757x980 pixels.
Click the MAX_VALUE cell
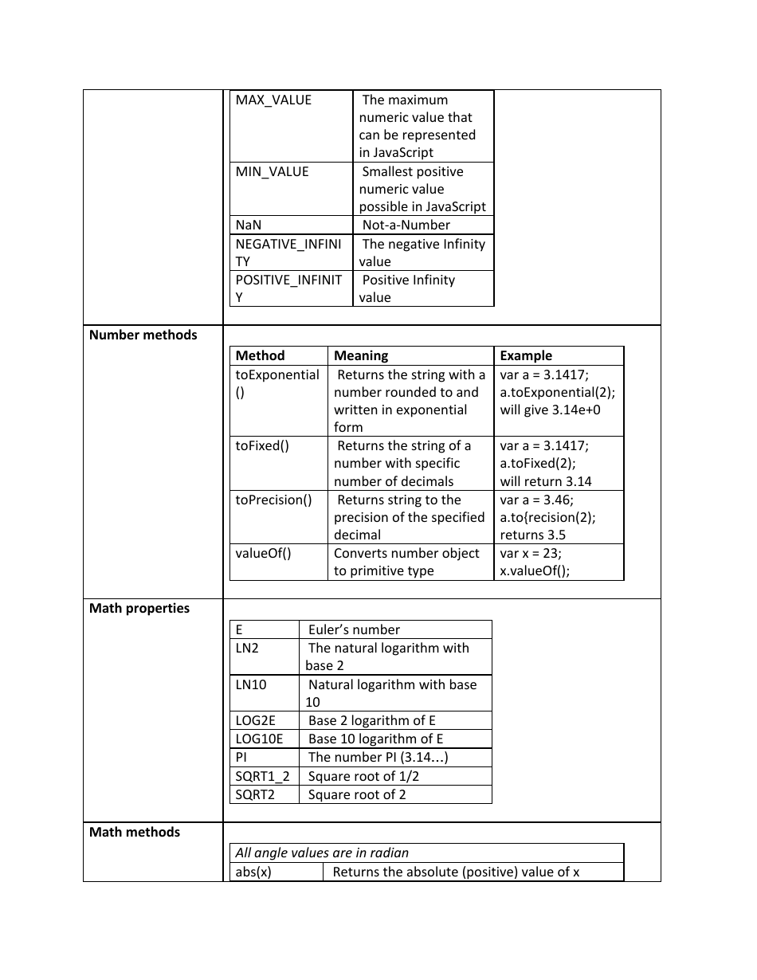coord(273,100)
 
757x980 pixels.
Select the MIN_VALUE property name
coord(272,172)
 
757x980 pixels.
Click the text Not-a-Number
coord(406,225)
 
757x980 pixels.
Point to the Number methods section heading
coord(143,335)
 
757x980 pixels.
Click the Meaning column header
coord(361,356)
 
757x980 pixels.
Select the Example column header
coord(526,356)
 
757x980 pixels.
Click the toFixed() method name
coord(262,446)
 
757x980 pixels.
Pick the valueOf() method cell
coord(263,554)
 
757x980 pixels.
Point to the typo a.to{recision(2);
coord(547,518)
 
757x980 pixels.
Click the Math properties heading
coord(139,609)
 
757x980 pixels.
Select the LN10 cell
coord(252,685)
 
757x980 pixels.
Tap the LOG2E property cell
coord(255,721)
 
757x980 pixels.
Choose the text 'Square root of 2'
coord(357,795)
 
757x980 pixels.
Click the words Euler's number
coord(354,630)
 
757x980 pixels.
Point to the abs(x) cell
coord(253,872)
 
